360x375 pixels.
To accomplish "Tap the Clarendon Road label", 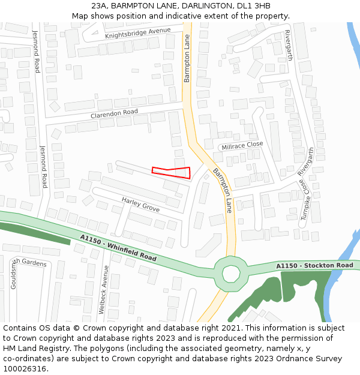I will click(x=114, y=113).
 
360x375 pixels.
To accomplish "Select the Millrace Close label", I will click(x=242, y=145).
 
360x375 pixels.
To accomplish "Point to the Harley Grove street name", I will click(x=140, y=203).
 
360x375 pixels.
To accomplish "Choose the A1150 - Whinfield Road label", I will click(x=118, y=247).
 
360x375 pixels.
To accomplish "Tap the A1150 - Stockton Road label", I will click(x=314, y=265).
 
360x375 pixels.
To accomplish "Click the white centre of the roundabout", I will click(x=230, y=274).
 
